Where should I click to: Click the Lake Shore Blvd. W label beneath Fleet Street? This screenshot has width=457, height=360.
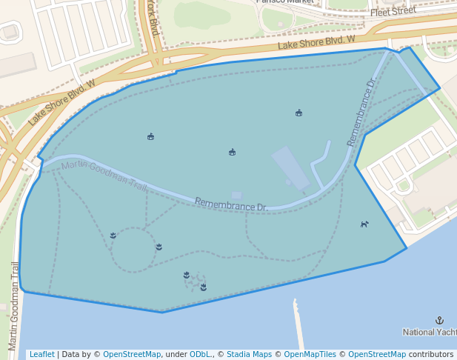point(316,44)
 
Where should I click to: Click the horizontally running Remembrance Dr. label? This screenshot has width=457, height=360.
point(231,204)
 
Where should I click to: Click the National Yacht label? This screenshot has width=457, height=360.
point(430,333)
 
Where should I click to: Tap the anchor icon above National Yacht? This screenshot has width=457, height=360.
point(439,321)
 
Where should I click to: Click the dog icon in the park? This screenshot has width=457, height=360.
point(364,224)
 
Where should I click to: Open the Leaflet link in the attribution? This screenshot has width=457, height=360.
point(41,354)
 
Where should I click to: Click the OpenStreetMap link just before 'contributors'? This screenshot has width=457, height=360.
point(377,354)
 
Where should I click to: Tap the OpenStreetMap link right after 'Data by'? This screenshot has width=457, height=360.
point(132,354)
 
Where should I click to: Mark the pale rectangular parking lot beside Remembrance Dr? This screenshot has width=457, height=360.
point(290,167)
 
